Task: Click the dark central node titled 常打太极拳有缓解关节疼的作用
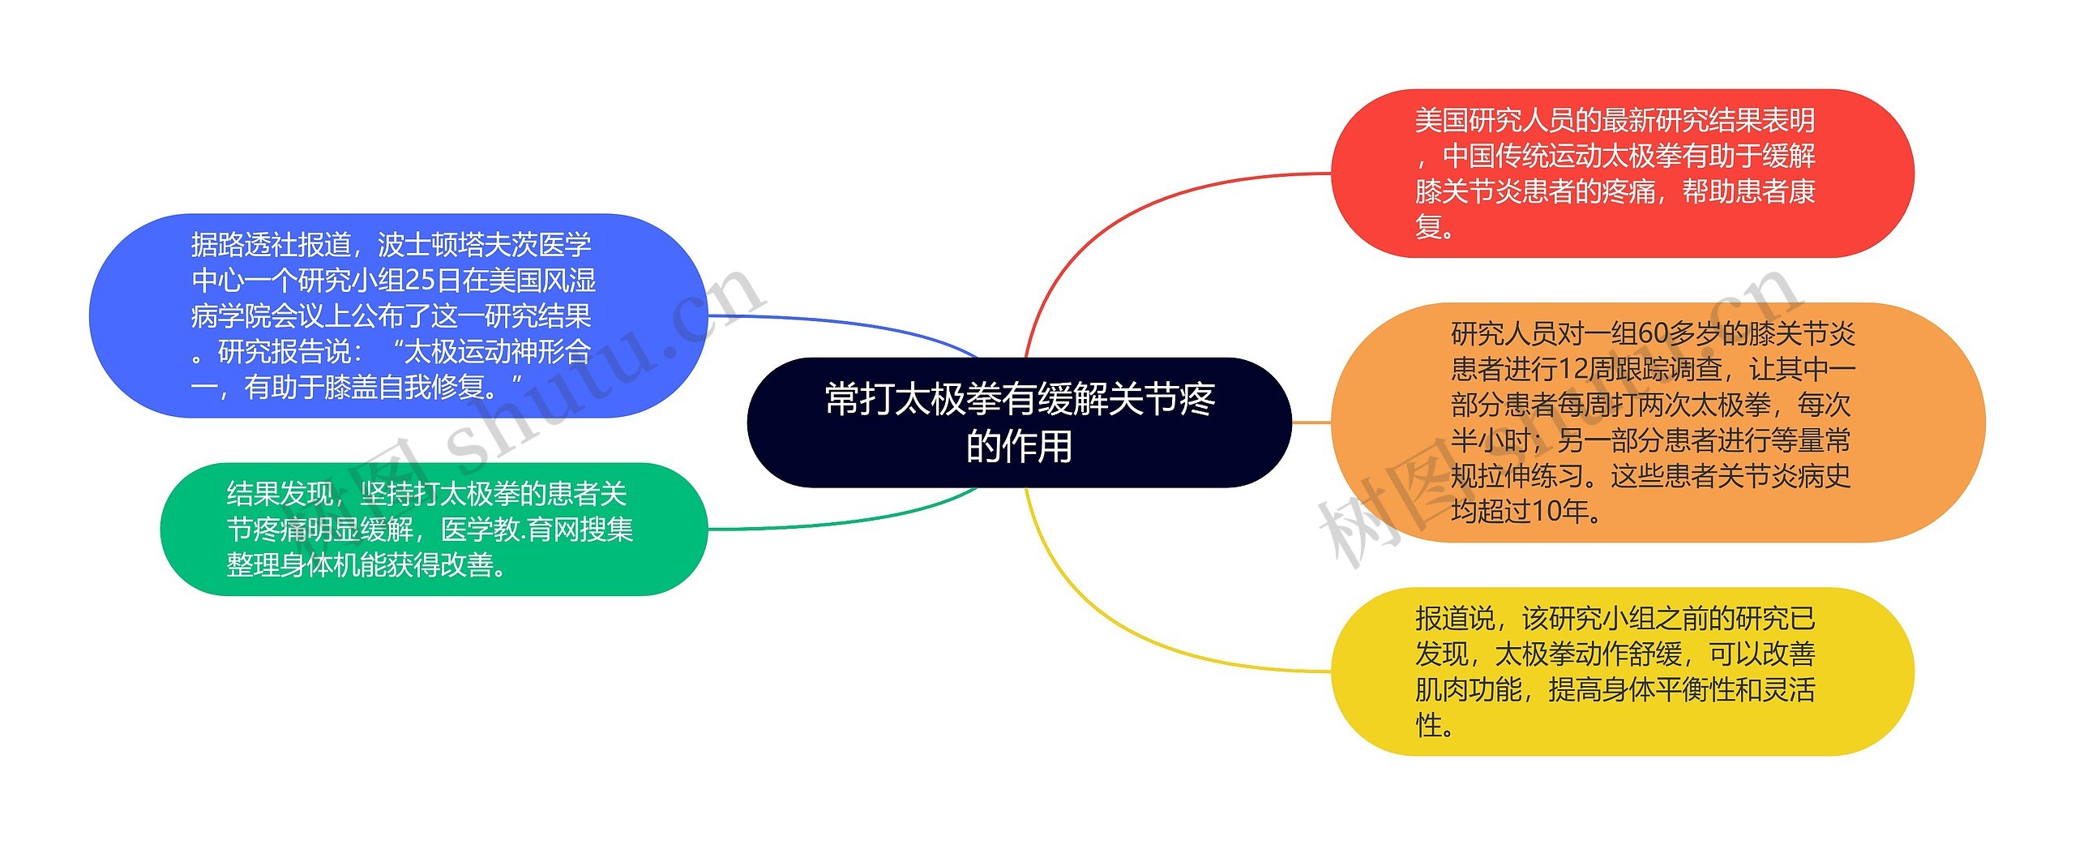(x=1018, y=422)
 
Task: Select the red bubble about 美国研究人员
(x=1622, y=173)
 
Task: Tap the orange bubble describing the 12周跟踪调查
(x=1657, y=422)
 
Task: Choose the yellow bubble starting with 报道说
(x=1622, y=671)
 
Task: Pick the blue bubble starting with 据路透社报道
(x=397, y=315)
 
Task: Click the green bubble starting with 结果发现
(x=434, y=529)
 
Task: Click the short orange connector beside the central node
(x=1311, y=422)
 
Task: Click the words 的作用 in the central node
(x=1019, y=446)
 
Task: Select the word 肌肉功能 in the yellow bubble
(x=1468, y=690)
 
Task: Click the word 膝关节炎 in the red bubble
(x=1468, y=191)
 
